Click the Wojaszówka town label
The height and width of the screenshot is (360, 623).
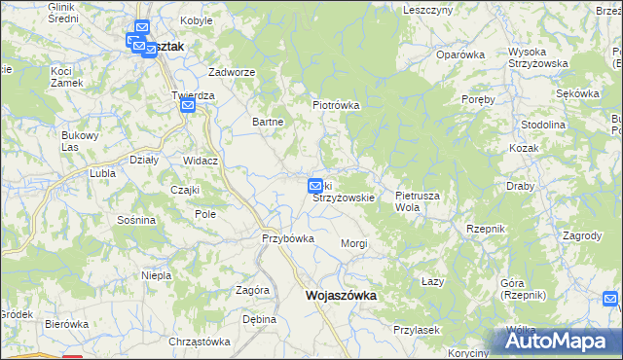(341, 295)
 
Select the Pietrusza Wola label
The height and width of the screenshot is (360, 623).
(418, 201)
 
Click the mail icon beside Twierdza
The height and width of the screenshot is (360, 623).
(188, 107)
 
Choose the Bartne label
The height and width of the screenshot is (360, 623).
(268, 122)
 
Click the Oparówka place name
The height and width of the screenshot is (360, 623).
(460, 54)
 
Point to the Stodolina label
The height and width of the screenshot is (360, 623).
(543, 126)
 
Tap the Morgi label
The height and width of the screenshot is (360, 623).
(353, 243)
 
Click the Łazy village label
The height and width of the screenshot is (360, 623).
(433, 281)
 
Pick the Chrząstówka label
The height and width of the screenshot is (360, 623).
(199, 342)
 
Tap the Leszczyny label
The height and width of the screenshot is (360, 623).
(426, 9)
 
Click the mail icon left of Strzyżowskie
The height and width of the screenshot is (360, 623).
(315, 185)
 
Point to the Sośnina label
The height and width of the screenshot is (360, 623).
(135, 220)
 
